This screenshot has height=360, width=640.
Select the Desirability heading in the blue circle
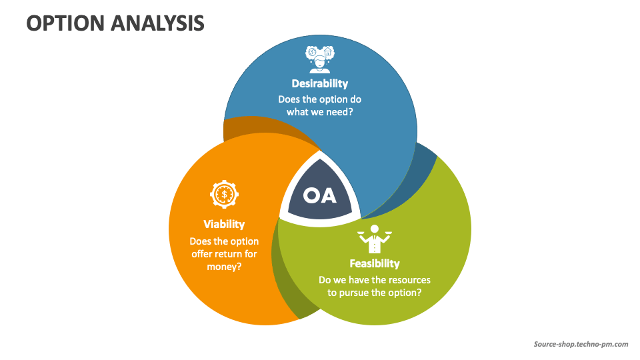[319, 83]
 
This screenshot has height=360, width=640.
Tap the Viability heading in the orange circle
[224, 224]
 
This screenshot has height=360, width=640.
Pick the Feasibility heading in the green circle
[375, 263]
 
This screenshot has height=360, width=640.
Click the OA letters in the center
[320, 195]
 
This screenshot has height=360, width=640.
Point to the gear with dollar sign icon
[223, 195]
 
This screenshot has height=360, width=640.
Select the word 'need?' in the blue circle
[339, 112]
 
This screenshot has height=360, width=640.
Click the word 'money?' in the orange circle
[224, 266]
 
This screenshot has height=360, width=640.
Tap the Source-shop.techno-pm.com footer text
[581, 344]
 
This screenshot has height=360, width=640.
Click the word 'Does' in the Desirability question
[289, 99]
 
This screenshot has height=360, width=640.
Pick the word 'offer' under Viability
[203, 253]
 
